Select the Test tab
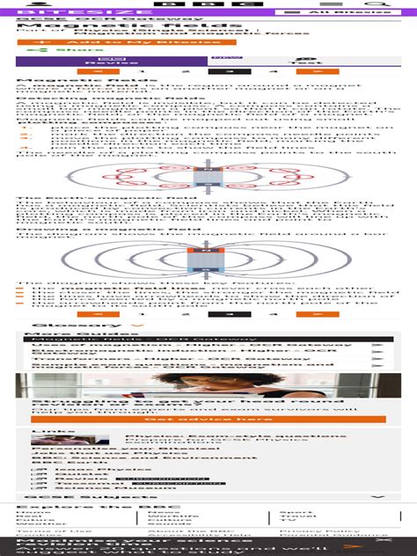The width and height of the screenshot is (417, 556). pyautogui.click(x=304, y=62)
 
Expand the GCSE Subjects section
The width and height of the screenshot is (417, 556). pyautogui.click(x=208, y=498)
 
